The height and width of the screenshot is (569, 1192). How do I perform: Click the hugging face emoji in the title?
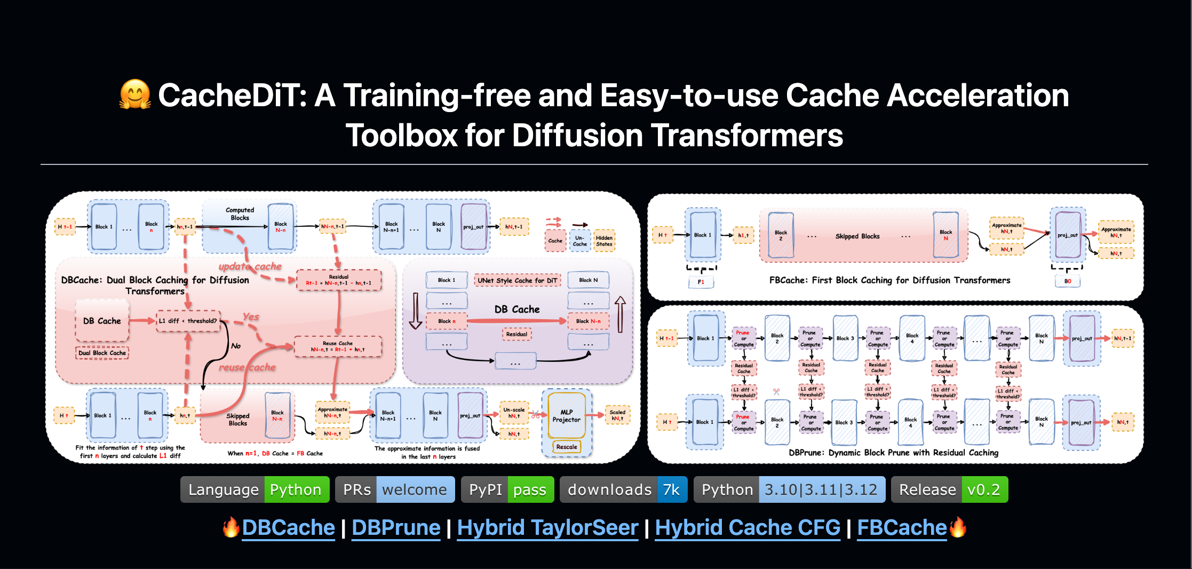(x=135, y=94)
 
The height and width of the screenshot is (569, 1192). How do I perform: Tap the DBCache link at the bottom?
(x=288, y=527)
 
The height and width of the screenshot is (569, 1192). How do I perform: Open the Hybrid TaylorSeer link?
(x=547, y=527)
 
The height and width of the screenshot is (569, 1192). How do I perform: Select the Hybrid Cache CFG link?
(x=747, y=527)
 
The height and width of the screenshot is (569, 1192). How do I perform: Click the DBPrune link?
(x=396, y=527)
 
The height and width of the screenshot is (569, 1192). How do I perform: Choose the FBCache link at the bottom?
(x=902, y=527)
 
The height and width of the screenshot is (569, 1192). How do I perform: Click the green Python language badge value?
(x=296, y=489)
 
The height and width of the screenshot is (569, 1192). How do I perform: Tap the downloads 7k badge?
(x=623, y=489)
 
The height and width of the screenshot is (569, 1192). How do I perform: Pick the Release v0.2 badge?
(x=949, y=489)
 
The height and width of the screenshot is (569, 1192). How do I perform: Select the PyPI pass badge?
(x=507, y=489)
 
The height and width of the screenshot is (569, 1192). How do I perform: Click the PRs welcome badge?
(x=394, y=489)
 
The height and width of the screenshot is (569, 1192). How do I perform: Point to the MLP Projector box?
(x=566, y=416)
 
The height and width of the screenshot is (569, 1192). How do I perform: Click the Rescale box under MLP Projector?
(x=566, y=447)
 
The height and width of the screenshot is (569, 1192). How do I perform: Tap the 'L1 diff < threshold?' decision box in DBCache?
(x=188, y=321)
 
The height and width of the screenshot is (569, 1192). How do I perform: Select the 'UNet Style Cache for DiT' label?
(x=517, y=280)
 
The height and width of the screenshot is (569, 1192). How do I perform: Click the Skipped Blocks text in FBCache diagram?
(x=857, y=236)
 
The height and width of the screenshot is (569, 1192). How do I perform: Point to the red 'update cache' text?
(x=250, y=266)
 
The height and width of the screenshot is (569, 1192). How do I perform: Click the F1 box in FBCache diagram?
(x=701, y=282)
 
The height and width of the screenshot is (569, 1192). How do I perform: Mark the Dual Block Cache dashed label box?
(x=102, y=353)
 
